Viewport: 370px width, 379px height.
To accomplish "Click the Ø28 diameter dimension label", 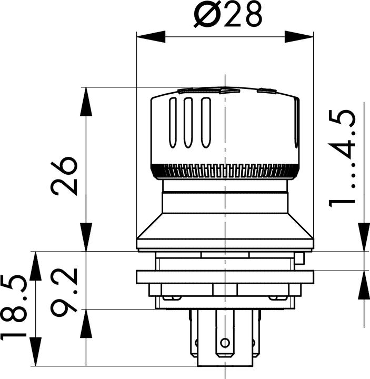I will (227, 16).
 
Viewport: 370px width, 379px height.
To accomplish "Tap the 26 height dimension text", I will (65, 175).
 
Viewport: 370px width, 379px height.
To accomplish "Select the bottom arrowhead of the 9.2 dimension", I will (85, 322).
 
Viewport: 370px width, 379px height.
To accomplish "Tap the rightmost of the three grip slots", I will (206, 123).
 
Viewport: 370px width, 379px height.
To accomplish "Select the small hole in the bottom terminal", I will (225, 343).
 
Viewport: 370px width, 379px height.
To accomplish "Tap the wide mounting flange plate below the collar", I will (225, 277).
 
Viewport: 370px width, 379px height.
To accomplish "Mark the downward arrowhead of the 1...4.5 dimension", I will (363, 237).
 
